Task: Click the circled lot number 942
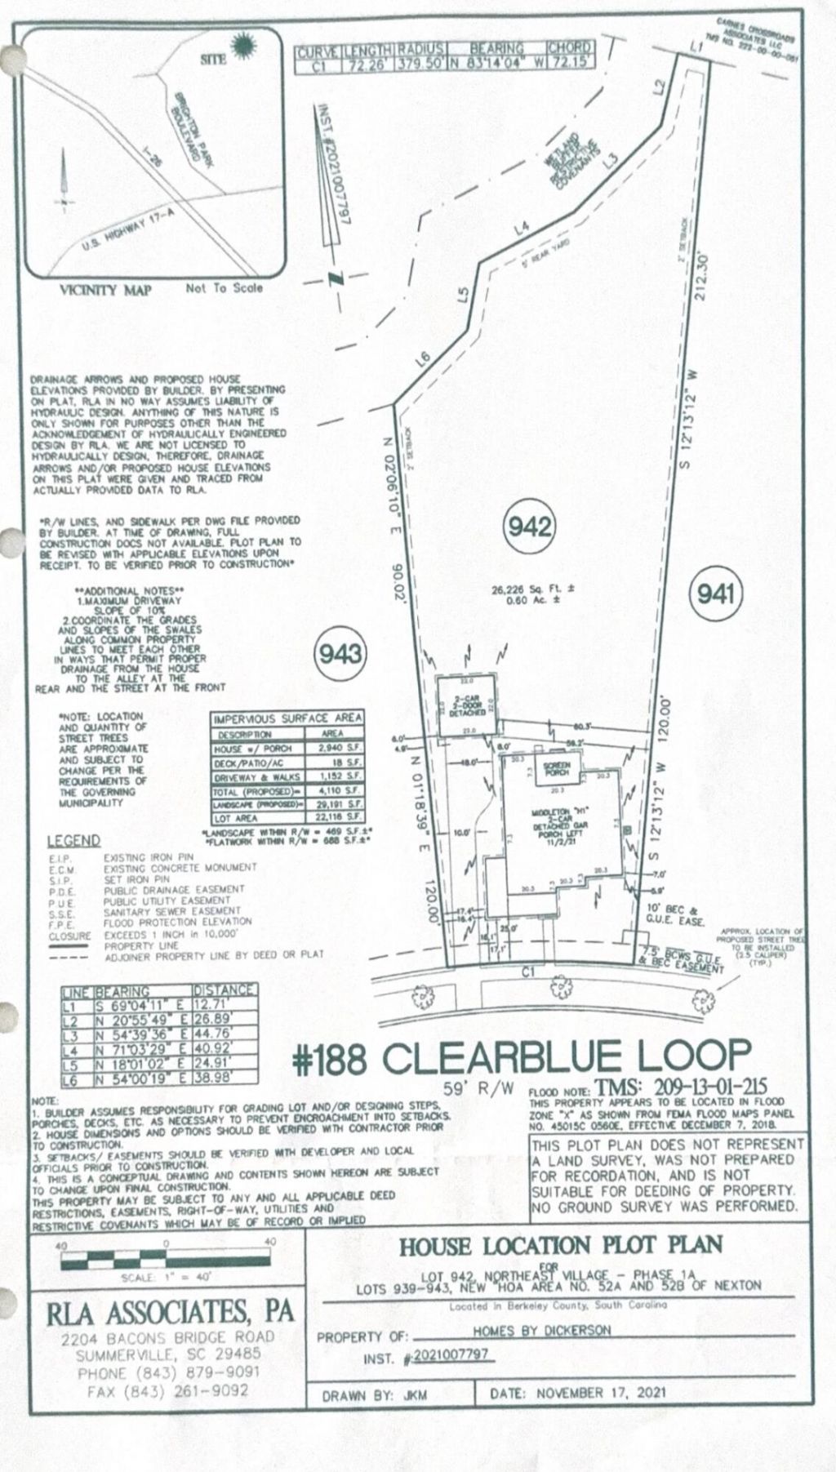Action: coord(531,527)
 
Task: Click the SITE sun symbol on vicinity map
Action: coord(242,47)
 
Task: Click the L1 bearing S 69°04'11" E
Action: coord(142,1006)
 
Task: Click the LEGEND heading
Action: coord(73,840)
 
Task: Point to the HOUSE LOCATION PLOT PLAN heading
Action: coord(560,1245)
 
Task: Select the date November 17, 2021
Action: coord(602,1392)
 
